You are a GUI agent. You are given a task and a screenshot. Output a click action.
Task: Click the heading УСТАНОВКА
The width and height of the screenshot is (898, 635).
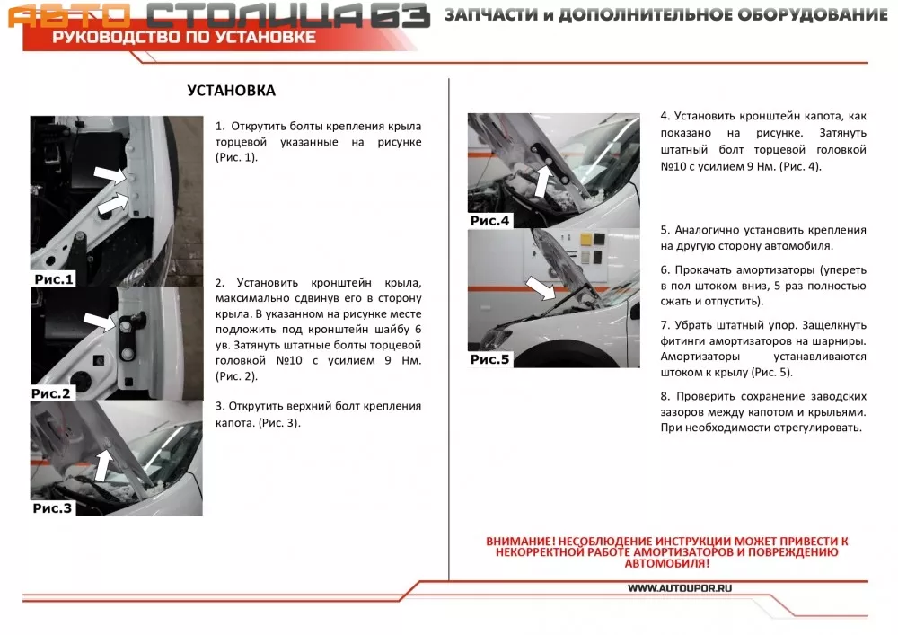[x=231, y=91]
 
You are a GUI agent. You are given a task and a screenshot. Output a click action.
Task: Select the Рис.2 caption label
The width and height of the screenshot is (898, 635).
[x=50, y=393]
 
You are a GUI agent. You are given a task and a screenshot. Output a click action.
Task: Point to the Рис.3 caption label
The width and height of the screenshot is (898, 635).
[x=52, y=508]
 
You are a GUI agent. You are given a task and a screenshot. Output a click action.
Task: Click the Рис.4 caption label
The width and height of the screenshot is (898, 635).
[x=489, y=221]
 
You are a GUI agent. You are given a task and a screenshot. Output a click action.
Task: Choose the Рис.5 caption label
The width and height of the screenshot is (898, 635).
[x=489, y=359]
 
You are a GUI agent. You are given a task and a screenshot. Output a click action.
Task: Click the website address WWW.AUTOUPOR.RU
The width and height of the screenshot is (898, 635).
[x=680, y=588]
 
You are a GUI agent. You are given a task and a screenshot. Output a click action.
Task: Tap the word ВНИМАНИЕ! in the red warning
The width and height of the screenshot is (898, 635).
[x=518, y=542]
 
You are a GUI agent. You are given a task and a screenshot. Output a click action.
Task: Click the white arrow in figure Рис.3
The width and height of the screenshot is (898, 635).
[x=104, y=464]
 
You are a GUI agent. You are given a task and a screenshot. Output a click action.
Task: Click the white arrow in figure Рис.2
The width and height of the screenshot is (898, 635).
[x=100, y=321]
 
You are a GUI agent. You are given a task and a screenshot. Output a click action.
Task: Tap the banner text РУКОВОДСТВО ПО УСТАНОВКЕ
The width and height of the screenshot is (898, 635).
[x=183, y=37]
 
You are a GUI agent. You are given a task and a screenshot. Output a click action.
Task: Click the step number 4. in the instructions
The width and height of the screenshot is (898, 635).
[x=665, y=117]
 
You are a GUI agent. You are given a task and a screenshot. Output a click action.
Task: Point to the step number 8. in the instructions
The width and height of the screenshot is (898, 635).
[x=665, y=395]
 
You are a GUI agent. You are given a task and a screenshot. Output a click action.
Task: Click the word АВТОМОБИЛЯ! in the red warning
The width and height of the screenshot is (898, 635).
[x=666, y=564]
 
